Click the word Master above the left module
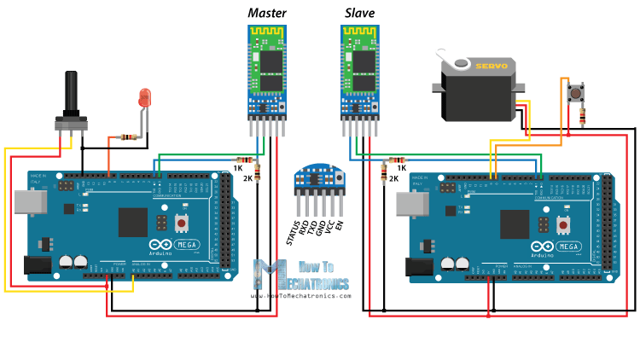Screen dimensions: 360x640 pos(267,13)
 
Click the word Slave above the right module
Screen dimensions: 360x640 pos(359,13)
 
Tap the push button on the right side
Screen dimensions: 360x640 pos(578,90)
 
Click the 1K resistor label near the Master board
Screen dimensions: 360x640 pos(238,168)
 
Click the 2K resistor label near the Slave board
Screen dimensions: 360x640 pos(393,178)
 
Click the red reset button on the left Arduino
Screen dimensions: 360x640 pos(181,224)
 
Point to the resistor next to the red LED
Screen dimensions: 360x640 pos(125,136)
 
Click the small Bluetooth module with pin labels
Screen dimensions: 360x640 pos(317,179)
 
